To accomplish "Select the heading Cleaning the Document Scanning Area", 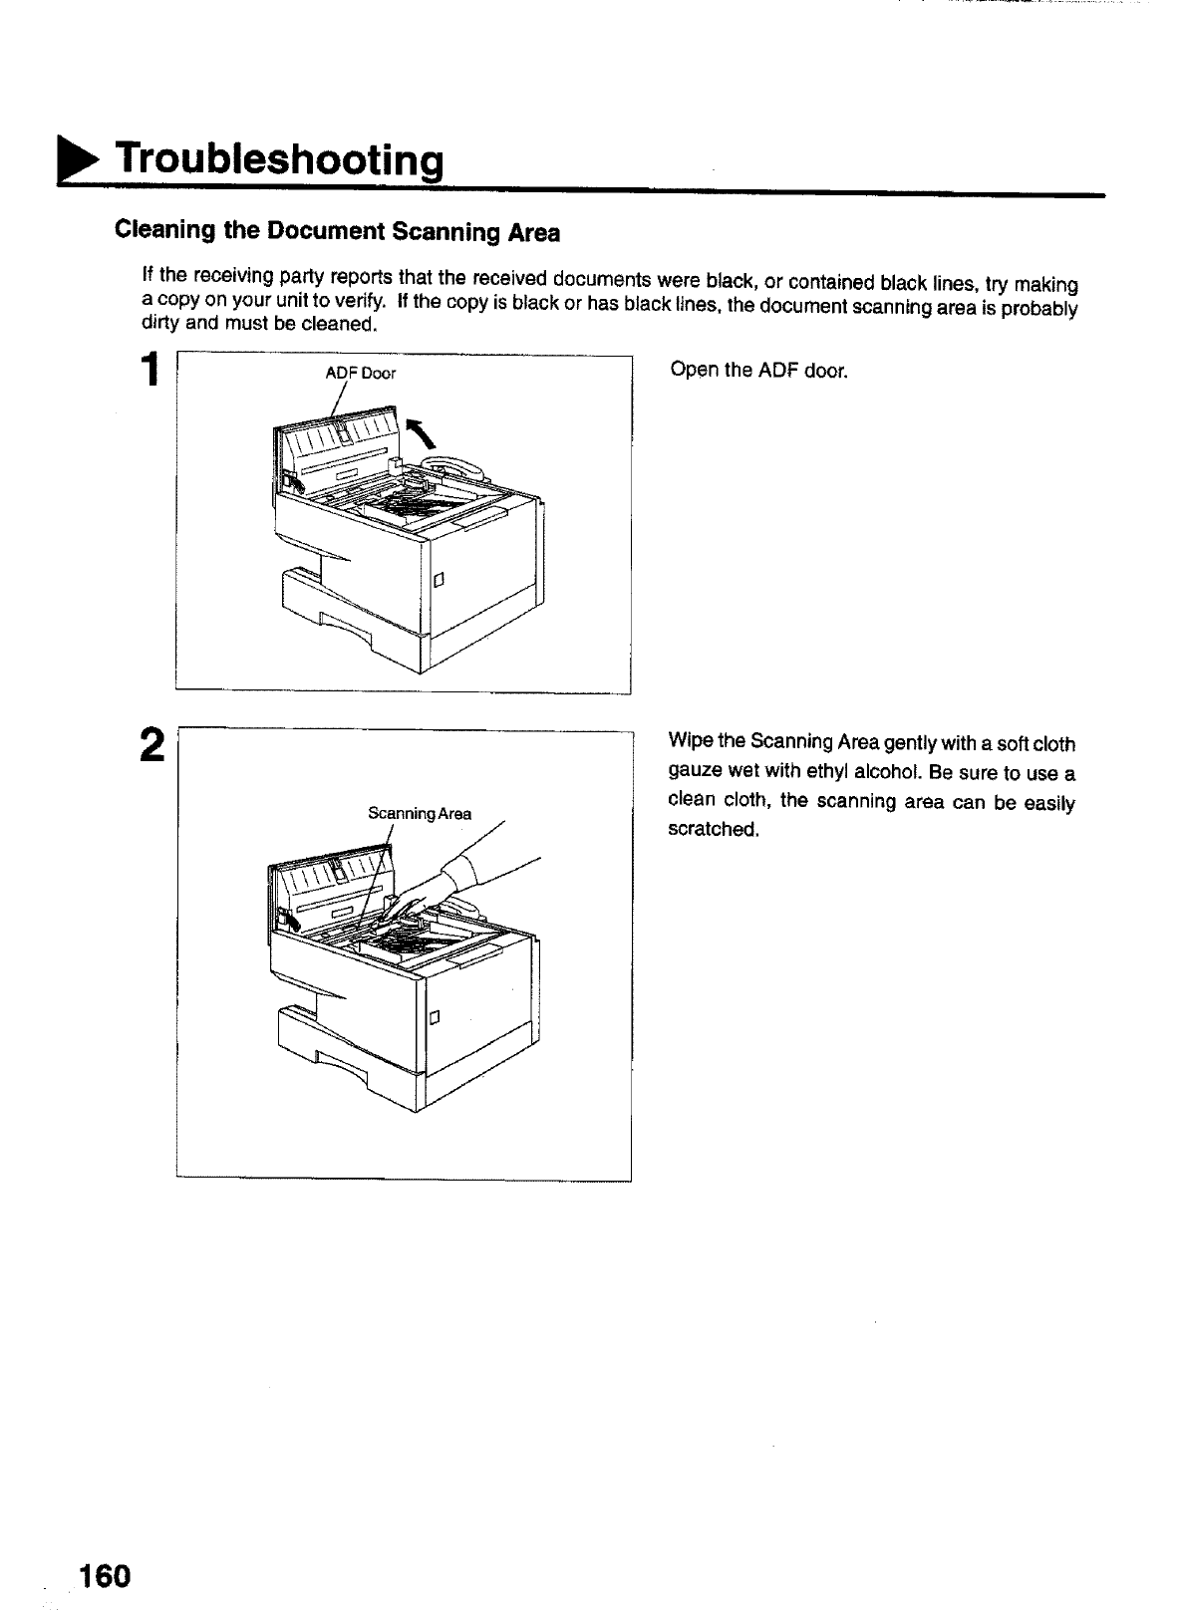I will click(337, 232).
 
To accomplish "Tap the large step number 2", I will click(151, 744).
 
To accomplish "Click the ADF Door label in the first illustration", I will click(361, 374).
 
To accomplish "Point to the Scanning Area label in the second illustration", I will click(419, 813).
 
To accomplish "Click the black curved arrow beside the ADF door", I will click(421, 433).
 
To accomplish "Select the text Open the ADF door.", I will click(758, 372).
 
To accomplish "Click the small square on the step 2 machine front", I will click(434, 1018).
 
